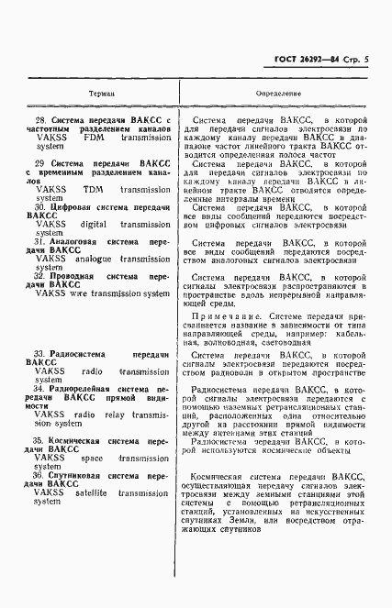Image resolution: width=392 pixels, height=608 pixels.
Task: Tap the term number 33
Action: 39,353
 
